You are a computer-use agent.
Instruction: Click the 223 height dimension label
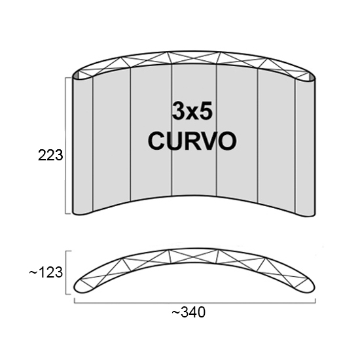50,155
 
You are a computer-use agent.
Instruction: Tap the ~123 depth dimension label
46,272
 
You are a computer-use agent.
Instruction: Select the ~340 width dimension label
189,312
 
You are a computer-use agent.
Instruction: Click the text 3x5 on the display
192,112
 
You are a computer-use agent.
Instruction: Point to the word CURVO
192,141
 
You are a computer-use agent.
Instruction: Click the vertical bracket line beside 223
65,145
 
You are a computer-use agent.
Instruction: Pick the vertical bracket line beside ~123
66,272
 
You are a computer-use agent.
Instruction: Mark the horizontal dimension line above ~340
194,303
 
